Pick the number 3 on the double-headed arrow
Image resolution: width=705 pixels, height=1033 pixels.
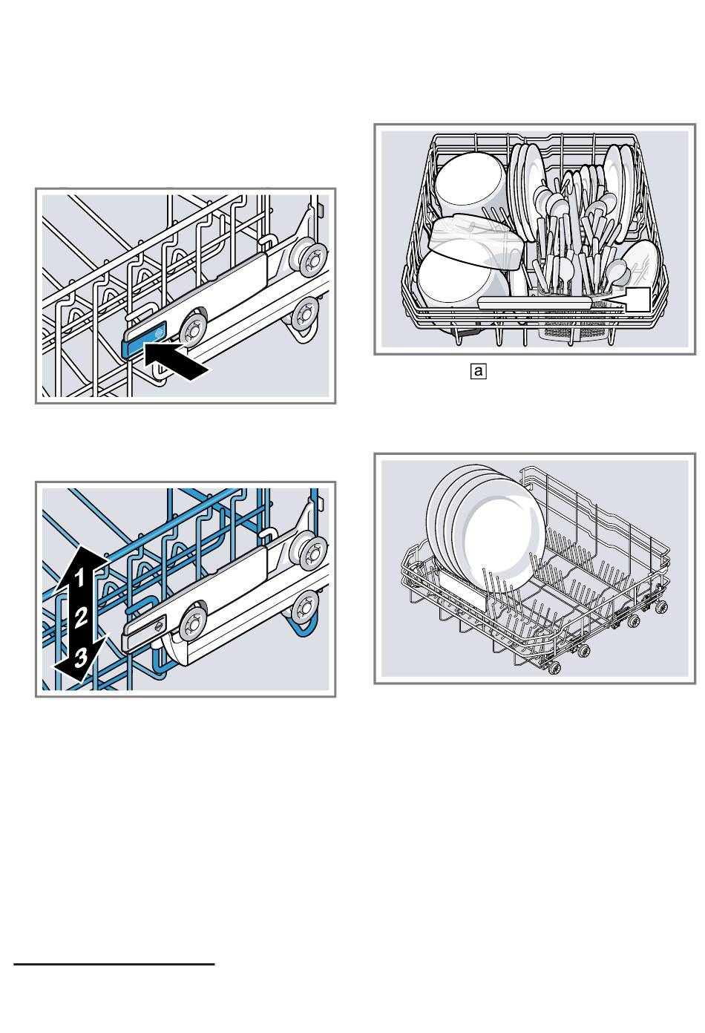[x=80, y=655]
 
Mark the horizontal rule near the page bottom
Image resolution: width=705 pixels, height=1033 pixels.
[x=114, y=965]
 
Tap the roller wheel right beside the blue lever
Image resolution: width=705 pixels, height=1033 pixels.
[x=194, y=327]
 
